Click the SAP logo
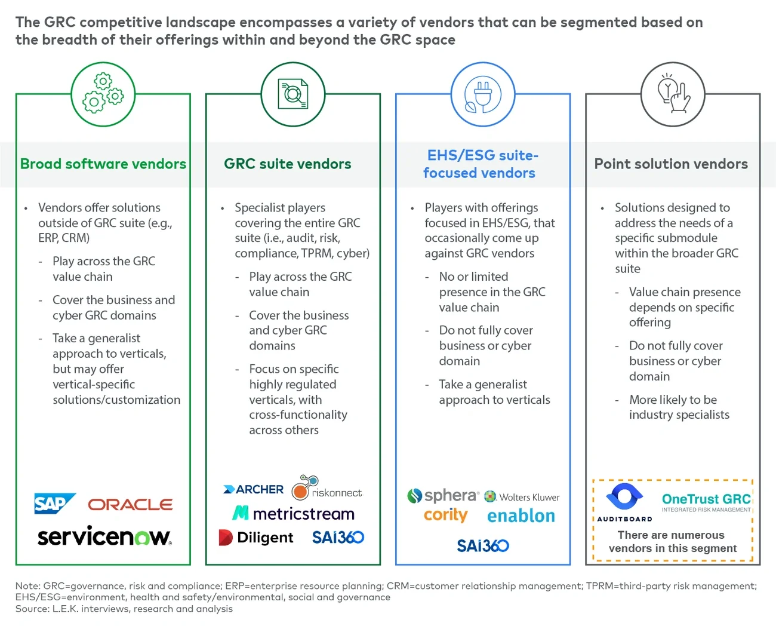(54, 504)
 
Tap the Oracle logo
(130, 505)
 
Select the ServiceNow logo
(104, 536)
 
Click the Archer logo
(253, 489)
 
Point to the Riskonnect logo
(327, 488)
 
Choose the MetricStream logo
(293, 513)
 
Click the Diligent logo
(256, 538)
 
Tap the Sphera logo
(443, 496)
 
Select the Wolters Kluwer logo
(522, 497)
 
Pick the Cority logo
(445, 515)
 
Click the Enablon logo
(521, 516)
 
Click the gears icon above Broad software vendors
(103, 94)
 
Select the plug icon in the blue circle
(483, 94)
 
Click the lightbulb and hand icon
(673, 94)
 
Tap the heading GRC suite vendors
(287, 164)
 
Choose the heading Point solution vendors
(671, 164)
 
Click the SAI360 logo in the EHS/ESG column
(482, 545)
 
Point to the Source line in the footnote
(124, 609)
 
